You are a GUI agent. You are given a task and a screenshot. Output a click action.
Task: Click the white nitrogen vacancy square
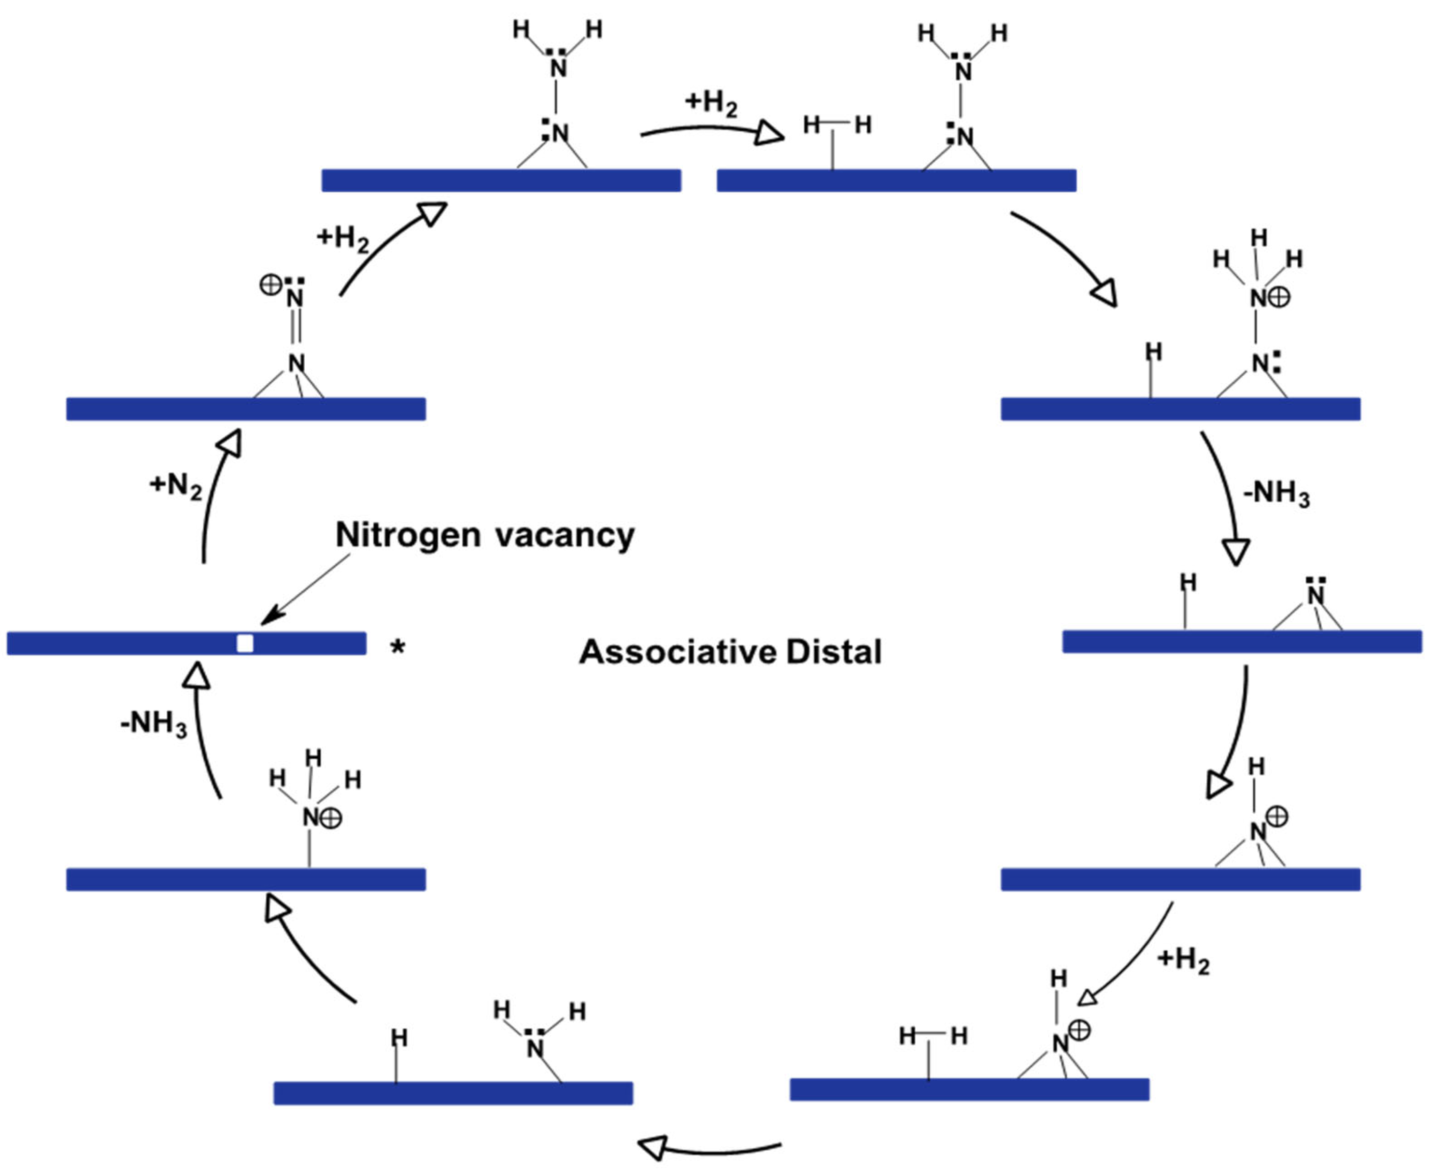pyautogui.click(x=245, y=642)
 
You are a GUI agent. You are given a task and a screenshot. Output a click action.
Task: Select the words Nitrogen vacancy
pyautogui.click(x=484, y=535)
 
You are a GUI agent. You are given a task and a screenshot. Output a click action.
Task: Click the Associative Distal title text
pyautogui.click(x=730, y=652)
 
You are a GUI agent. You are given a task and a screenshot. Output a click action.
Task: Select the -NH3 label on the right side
pyautogui.click(x=1276, y=493)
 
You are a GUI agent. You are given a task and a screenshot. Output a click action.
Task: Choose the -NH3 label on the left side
pyautogui.click(x=154, y=724)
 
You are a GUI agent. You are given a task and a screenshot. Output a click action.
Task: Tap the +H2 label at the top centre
pyautogui.click(x=711, y=103)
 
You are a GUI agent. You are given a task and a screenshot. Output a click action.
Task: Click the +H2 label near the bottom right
pyautogui.click(x=1183, y=960)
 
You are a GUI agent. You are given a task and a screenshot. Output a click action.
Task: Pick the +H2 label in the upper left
pyautogui.click(x=342, y=237)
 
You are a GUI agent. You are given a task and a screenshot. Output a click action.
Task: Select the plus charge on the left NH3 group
pyautogui.click(x=330, y=818)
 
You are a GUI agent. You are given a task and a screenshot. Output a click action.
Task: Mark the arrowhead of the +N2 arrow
pyautogui.click(x=230, y=444)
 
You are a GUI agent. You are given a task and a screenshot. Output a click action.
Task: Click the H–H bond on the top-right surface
pyautogui.click(x=837, y=124)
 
